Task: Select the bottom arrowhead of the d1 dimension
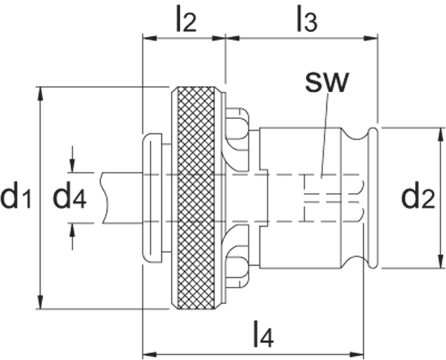(42, 305)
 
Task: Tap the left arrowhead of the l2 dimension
(147, 38)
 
